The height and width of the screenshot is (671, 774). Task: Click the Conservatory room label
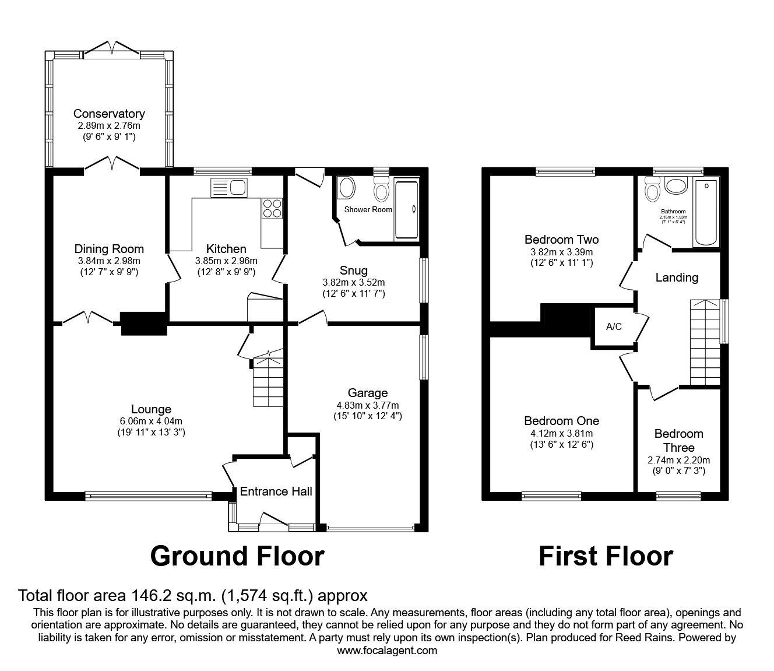pyautogui.click(x=109, y=114)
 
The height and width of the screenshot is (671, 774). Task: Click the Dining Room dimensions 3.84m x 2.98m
pyautogui.click(x=109, y=261)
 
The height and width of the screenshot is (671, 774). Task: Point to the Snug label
pyautogui.click(x=353, y=270)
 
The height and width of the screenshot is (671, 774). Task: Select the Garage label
pyautogui.click(x=368, y=393)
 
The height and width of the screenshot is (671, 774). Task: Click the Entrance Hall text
pyautogui.click(x=276, y=491)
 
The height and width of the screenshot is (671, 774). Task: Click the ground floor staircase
pyautogui.click(x=268, y=382)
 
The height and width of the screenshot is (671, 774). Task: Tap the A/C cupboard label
pyautogui.click(x=614, y=326)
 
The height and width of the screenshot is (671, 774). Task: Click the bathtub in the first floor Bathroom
pyautogui.click(x=706, y=213)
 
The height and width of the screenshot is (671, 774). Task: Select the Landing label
pyautogui.click(x=677, y=277)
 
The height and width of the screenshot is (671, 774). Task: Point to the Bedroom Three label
pyautogui.click(x=678, y=441)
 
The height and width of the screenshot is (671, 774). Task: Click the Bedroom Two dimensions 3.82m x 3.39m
pyautogui.click(x=561, y=252)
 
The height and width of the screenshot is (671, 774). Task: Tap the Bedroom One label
pyautogui.click(x=561, y=421)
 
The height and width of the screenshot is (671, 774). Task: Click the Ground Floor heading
pyautogui.click(x=237, y=556)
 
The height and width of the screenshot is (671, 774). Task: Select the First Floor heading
pyautogui.click(x=606, y=556)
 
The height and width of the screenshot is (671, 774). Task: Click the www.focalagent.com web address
pyautogui.click(x=387, y=650)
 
